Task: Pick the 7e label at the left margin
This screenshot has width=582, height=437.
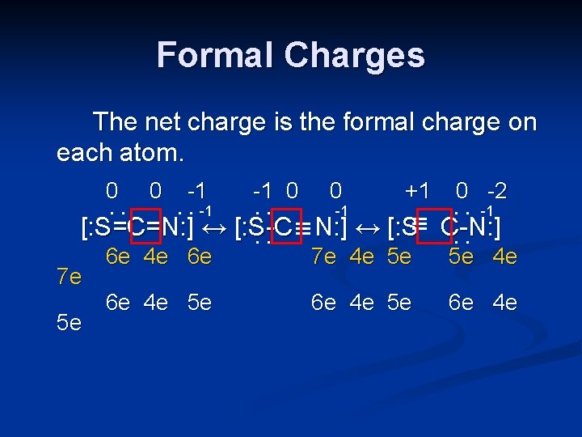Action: tap(70, 278)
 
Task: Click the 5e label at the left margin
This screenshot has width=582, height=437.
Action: tap(70, 323)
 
